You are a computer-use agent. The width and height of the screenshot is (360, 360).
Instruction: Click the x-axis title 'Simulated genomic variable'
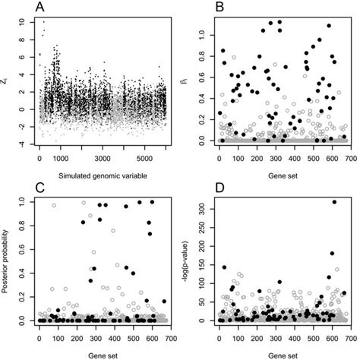102,176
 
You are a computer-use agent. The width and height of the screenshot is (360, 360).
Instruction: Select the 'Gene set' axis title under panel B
279,176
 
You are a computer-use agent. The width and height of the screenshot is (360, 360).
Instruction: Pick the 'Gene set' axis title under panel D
279,354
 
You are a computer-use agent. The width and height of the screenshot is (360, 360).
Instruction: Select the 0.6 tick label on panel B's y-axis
199,77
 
